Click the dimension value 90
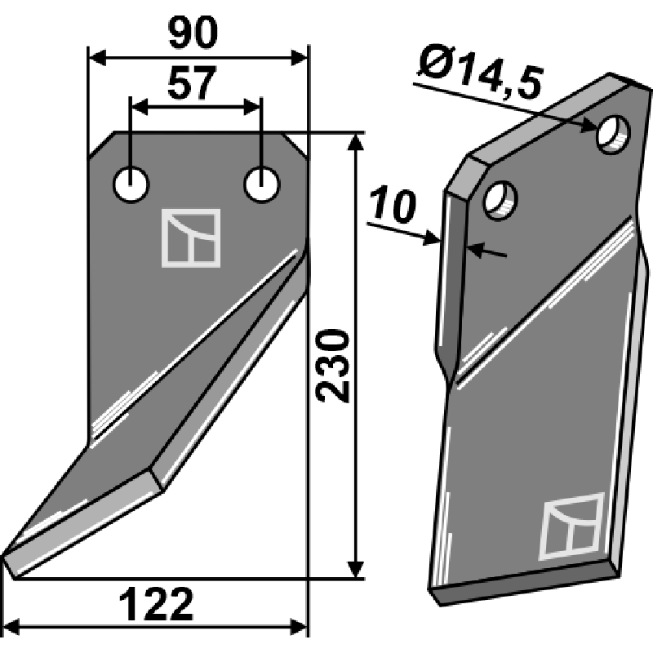[194, 33]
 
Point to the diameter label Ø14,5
[478, 73]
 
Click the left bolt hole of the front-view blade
[131, 185]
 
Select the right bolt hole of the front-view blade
[261, 184]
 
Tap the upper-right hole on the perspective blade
[612, 135]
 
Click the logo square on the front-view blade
[193, 238]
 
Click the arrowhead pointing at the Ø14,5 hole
[593, 126]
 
